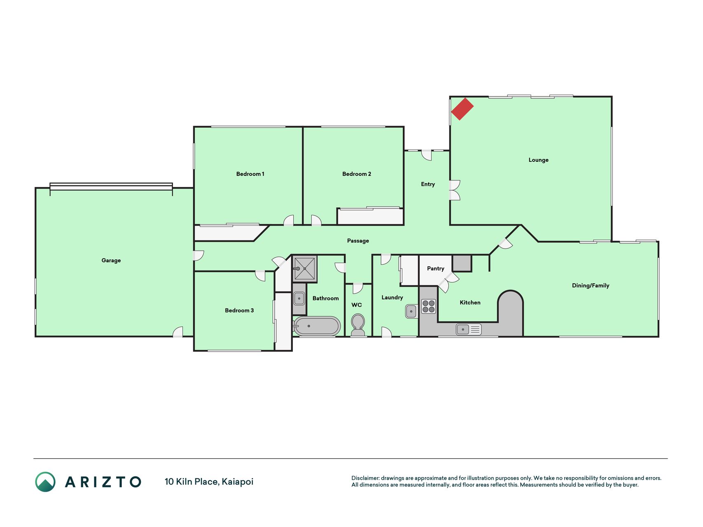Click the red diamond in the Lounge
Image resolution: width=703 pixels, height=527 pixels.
[462, 109]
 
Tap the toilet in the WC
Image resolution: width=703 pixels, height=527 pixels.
[358, 325]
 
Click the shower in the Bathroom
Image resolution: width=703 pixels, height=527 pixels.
[305, 268]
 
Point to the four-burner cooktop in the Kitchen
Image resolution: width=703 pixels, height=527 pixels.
[428, 306]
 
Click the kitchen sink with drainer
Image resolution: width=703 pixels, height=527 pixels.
[469, 329]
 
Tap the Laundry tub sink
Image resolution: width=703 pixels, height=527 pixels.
[411, 311]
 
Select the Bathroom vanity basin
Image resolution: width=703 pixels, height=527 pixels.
[299, 298]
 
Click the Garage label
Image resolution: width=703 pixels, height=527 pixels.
[111, 260]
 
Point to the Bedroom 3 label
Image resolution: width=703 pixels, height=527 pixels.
[239, 310]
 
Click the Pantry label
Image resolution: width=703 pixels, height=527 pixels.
[436, 268]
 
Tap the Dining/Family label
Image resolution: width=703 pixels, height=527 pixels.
[591, 285]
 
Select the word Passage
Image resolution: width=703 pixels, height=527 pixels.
[358, 241]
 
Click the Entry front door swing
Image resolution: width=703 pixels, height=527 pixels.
[427, 155]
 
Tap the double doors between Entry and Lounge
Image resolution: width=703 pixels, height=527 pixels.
[455, 190]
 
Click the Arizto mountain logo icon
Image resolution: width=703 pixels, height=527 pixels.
[45, 482]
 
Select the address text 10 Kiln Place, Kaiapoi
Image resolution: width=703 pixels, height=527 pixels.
[209, 482]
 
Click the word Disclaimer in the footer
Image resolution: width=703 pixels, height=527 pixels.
[365, 478]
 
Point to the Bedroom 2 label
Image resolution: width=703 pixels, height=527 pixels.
[357, 174]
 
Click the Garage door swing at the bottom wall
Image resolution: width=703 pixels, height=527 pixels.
[178, 332]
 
